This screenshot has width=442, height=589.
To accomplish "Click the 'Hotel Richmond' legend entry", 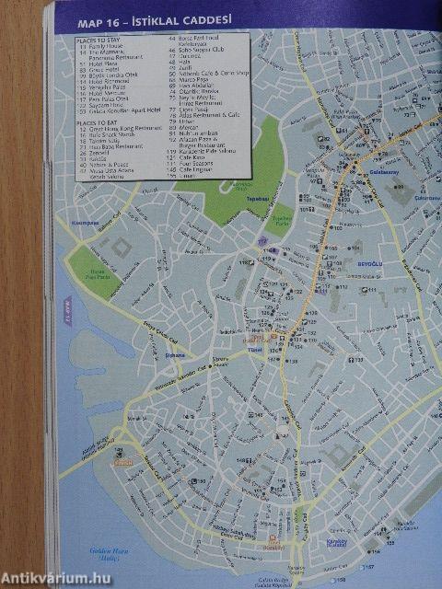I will coord(106,80).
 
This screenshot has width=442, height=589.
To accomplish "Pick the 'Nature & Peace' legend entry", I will coord(106,164).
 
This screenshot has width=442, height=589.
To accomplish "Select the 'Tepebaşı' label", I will coord(232,197).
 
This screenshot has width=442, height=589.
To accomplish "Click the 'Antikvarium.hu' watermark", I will coord(55,577).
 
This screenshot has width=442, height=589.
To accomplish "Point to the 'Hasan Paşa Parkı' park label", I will coord(91,273).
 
